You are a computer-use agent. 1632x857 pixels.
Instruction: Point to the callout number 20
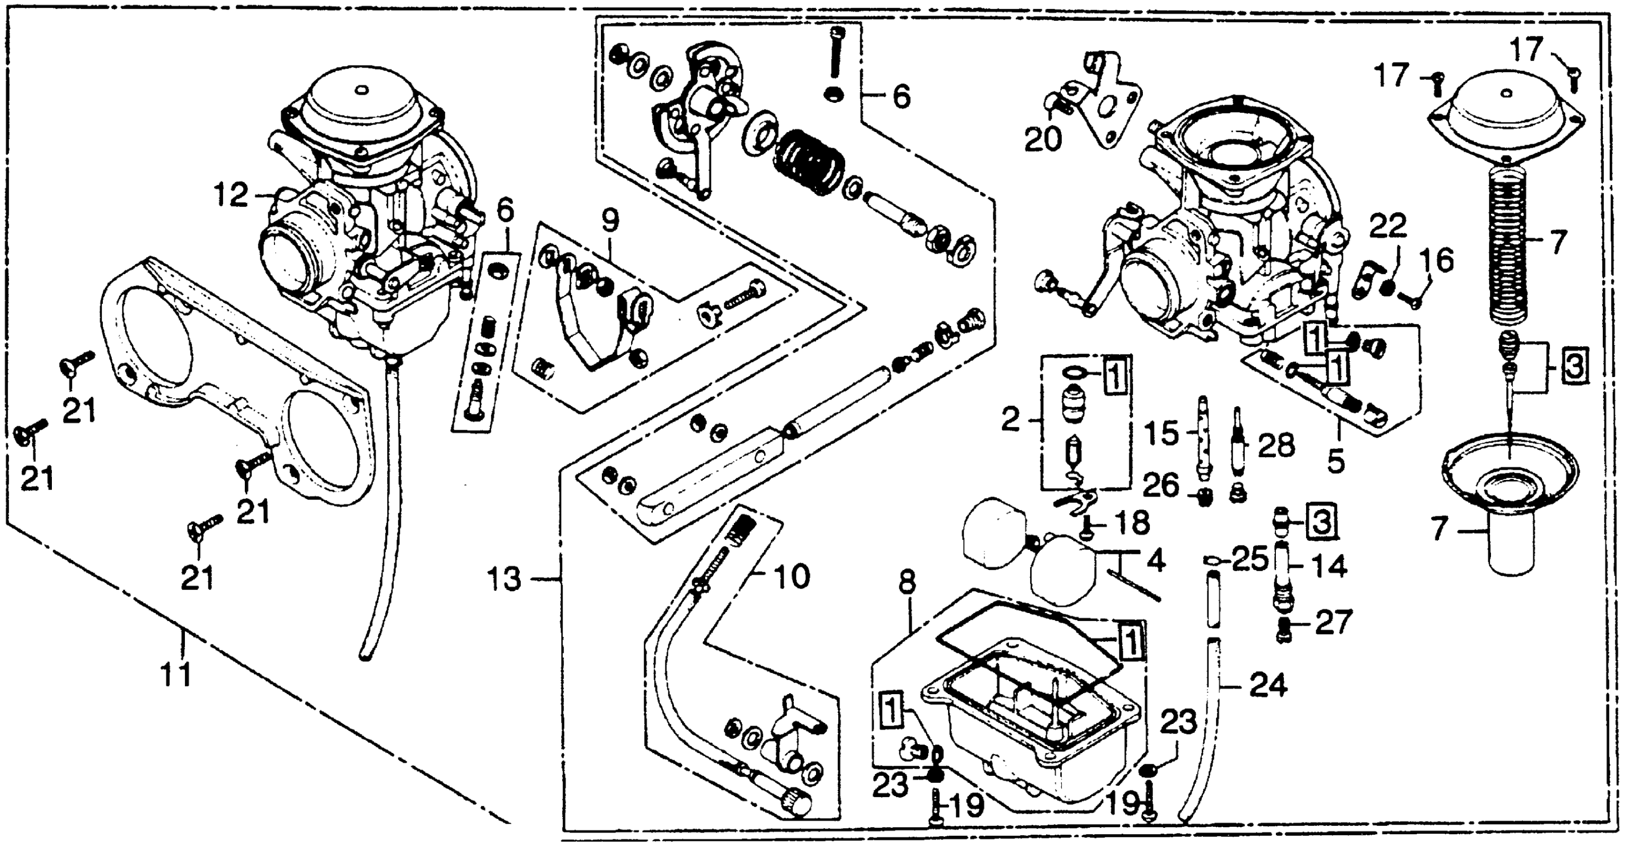(1043, 140)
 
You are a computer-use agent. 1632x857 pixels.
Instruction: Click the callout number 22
(1388, 226)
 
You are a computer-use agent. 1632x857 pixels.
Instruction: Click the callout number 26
(1161, 486)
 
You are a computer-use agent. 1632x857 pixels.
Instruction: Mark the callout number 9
(609, 221)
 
